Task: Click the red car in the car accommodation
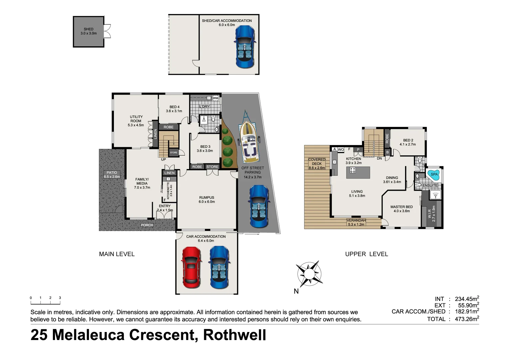192,267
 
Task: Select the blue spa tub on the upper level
434,175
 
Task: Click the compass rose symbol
309,274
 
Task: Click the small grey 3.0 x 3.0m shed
89,32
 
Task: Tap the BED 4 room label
174,109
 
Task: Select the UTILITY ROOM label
136,121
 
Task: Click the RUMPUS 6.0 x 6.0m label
207,200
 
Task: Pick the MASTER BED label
401,209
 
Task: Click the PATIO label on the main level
112,175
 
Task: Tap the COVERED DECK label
317,164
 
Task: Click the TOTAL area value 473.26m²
467,319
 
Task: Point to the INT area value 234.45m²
467,299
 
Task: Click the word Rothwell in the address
235,335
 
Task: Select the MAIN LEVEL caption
117,254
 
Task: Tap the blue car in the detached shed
245,47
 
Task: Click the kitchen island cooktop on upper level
353,170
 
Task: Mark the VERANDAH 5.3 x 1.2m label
356,222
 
